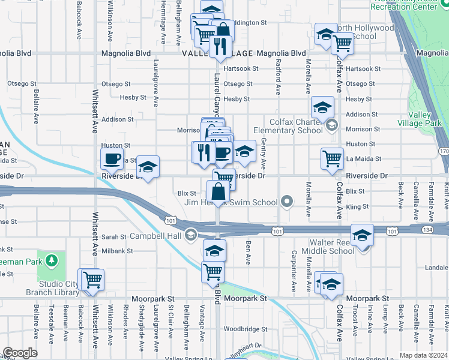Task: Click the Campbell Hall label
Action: [x=152, y=235]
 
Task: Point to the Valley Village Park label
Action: [x=424, y=119]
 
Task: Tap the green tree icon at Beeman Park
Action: [x=52, y=260]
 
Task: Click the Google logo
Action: [x=20, y=352]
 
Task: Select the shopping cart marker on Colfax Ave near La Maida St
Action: [x=332, y=159]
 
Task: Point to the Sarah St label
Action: [x=113, y=237]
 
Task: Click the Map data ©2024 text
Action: [x=423, y=355]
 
